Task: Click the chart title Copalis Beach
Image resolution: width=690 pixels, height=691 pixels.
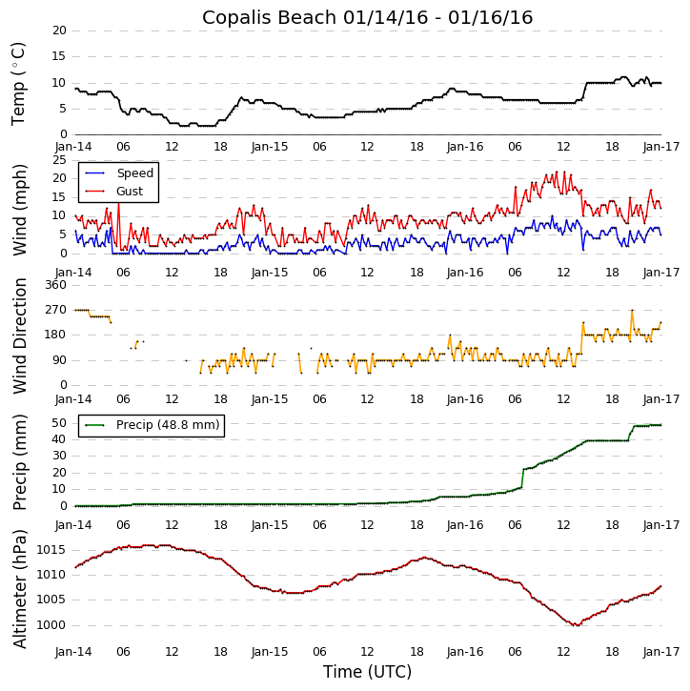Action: (x=367, y=18)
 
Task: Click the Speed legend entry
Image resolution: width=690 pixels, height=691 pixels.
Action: (x=134, y=173)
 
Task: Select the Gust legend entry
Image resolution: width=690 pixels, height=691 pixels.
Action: (x=129, y=192)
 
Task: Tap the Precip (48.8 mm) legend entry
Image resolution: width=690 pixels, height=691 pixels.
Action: (x=167, y=425)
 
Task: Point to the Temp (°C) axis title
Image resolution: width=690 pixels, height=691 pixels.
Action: (x=19, y=83)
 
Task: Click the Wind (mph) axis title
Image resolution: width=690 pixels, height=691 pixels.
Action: (x=19, y=209)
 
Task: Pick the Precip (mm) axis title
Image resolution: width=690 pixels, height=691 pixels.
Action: (x=19, y=461)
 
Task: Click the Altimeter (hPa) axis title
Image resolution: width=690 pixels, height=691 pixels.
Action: (x=19, y=588)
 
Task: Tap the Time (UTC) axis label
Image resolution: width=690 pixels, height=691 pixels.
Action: (x=367, y=672)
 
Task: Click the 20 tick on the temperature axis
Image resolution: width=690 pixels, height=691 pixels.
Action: (x=59, y=30)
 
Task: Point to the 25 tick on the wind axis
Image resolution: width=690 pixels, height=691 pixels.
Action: (x=59, y=160)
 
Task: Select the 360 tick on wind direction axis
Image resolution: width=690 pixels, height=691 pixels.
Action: (x=55, y=285)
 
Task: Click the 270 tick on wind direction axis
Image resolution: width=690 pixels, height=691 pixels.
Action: (x=55, y=310)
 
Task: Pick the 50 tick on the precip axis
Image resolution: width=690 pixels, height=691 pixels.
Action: (x=59, y=422)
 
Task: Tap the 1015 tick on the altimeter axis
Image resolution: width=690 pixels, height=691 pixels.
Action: (x=51, y=550)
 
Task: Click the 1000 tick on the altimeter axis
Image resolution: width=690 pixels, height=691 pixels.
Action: (x=51, y=625)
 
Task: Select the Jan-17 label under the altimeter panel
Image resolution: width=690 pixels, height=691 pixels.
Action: (x=661, y=652)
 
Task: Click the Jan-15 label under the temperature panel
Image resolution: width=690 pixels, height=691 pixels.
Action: (x=270, y=147)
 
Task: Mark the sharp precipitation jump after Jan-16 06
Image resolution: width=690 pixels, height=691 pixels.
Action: (x=522, y=478)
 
